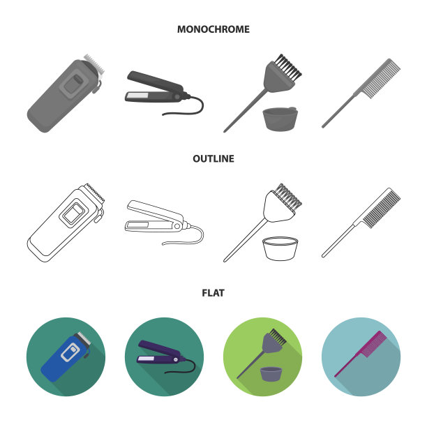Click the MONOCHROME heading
point(213,29)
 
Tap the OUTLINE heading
point(213,159)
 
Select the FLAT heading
point(213,293)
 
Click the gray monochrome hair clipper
point(66,93)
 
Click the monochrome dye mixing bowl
point(280,119)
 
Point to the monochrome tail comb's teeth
point(382,79)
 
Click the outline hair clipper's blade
point(95,193)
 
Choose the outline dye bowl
point(280,248)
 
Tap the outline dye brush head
point(282,203)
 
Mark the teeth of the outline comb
point(382,209)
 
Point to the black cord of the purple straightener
point(185,368)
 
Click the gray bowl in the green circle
point(271,374)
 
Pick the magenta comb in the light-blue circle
point(361,354)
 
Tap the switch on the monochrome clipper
point(78,79)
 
